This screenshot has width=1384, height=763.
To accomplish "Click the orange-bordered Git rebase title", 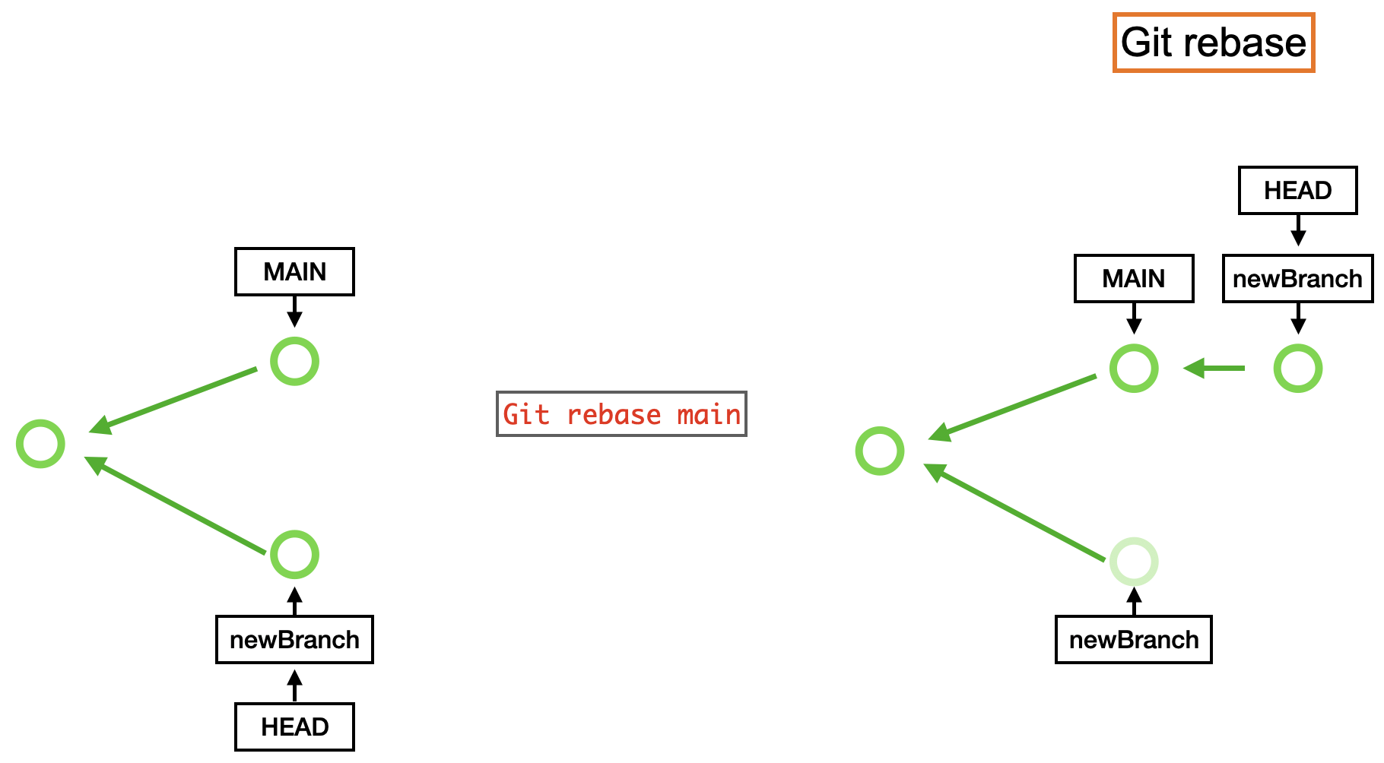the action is tap(1214, 43).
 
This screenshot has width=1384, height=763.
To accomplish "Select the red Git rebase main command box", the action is tap(621, 414).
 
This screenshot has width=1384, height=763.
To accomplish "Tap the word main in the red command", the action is tap(709, 415).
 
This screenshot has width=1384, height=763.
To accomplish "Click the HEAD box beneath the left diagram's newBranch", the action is tap(294, 727).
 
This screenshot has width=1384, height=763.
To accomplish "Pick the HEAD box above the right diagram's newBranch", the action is tap(1298, 190).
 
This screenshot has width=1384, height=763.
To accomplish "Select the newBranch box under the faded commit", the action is tap(1134, 640).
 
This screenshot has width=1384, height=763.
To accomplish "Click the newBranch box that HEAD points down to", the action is tap(1298, 279).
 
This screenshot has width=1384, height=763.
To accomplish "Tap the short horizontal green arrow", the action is tap(1214, 369).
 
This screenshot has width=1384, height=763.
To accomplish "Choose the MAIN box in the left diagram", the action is tap(294, 271).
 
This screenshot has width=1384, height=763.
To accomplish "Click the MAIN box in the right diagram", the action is tap(1134, 279).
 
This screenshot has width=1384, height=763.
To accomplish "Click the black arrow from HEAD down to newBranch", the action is tap(1298, 230).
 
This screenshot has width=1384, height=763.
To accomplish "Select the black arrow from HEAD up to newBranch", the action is tap(294, 685).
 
